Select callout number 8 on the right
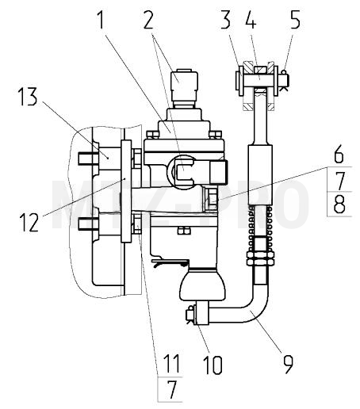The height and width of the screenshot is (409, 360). click(339, 204)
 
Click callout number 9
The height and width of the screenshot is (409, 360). click(288, 364)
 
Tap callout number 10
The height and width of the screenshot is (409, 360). click(213, 364)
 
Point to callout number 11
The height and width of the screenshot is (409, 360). click(171, 364)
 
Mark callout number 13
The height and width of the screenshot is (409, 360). click(28, 97)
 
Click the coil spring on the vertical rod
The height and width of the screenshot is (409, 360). click(260, 227)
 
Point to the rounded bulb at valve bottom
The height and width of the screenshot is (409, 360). click(202, 285)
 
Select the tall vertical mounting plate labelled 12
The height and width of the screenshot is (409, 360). click(126, 191)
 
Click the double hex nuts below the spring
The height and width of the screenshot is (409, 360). click(260, 258)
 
